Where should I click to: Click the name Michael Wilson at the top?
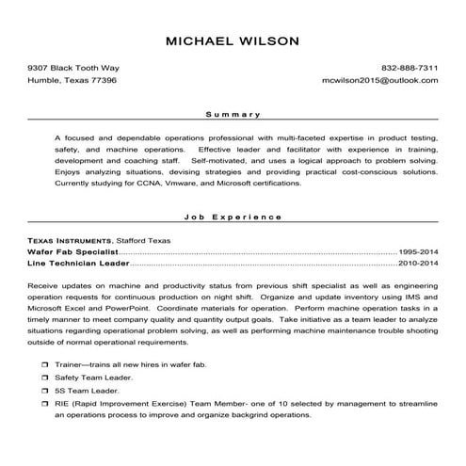coord(233,41)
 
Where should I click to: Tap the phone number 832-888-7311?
coord(410,69)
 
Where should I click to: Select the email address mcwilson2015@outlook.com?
coord(380,82)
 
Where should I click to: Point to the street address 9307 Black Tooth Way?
coord(73,69)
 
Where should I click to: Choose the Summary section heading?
coord(233,115)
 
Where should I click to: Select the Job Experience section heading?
coord(233,217)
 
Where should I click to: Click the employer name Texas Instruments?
coord(69,241)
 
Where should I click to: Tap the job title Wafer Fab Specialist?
coord(72,253)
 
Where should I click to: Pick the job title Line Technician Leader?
coord(76,265)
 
